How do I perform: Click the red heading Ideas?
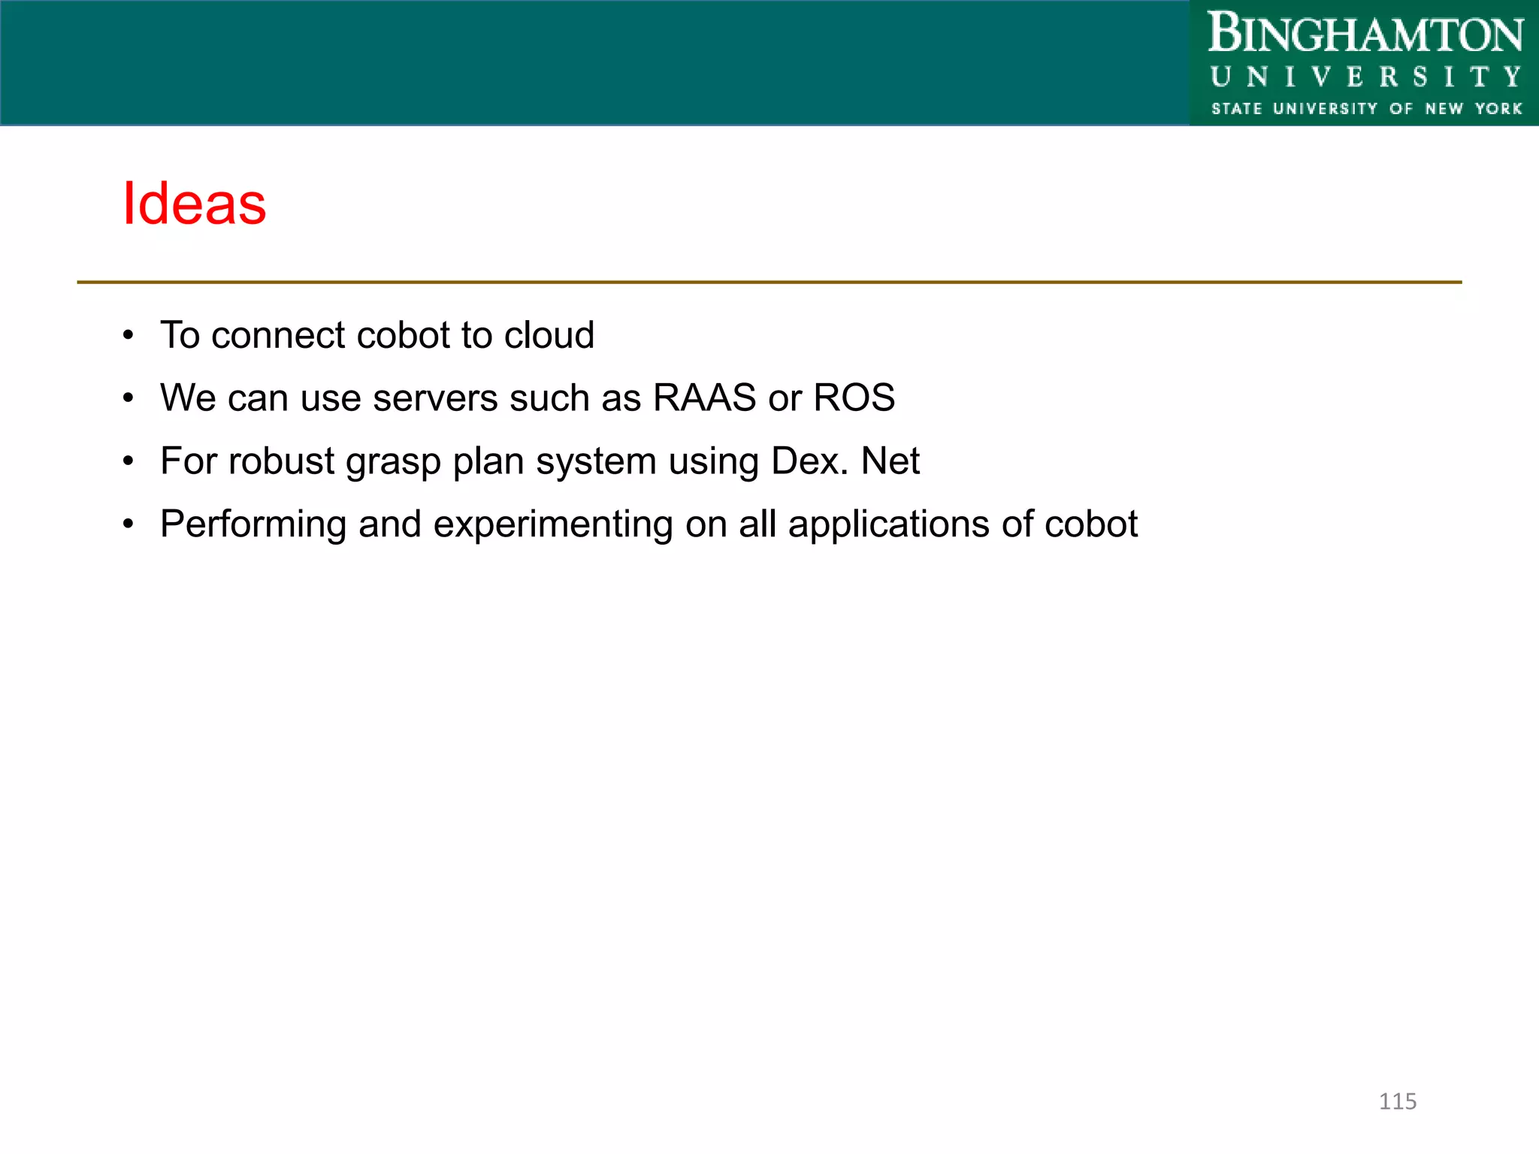pyautogui.click(x=194, y=204)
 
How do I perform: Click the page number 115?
pyautogui.click(x=1397, y=1101)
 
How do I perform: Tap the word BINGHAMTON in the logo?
pyautogui.click(x=1365, y=35)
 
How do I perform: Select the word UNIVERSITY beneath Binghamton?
pyautogui.click(x=1365, y=77)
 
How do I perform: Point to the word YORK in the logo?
pyautogui.click(x=1498, y=109)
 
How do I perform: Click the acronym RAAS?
pyautogui.click(x=704, y=397)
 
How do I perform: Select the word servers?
pyautogui.click(x=434, y=398)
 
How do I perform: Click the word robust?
pyautogui.click(x=281, y=461)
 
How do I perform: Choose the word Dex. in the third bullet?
pyautogui.click(x=809, y=461)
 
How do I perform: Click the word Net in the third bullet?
pyautogui.click(x=890, y=461)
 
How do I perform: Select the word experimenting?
pyautogui.click(x=552, y=524)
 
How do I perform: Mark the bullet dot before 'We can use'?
pyautogui.click(x=129, y=398)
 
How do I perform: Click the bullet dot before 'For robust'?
pyautogui.click(x=129, y=461)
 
